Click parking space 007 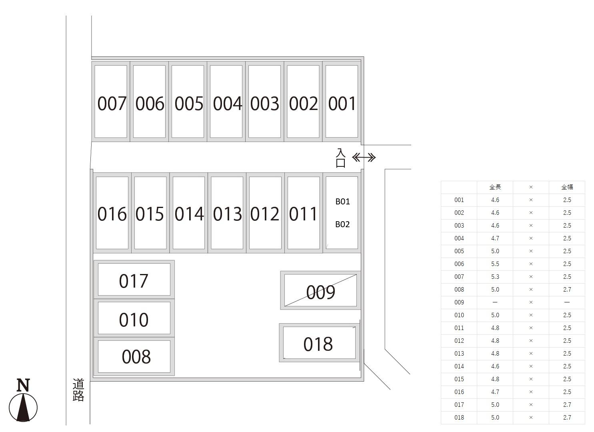(111, 103)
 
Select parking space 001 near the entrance (342, 103)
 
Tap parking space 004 (227, 103)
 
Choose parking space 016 (112, 214)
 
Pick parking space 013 (227, 214)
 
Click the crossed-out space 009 (320, 292)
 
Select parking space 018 (318, 344)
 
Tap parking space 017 (134, 280)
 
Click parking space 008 (136, 356)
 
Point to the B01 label (342, 202)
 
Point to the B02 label (342, 224)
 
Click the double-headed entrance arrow (364, 158)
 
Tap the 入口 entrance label (340, 158)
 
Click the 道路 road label (78, 390)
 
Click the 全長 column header (495, 187)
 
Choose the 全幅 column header (567, 187)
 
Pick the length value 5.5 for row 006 (495, 264)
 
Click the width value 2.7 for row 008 (567, 290)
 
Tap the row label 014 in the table (459, 366)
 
